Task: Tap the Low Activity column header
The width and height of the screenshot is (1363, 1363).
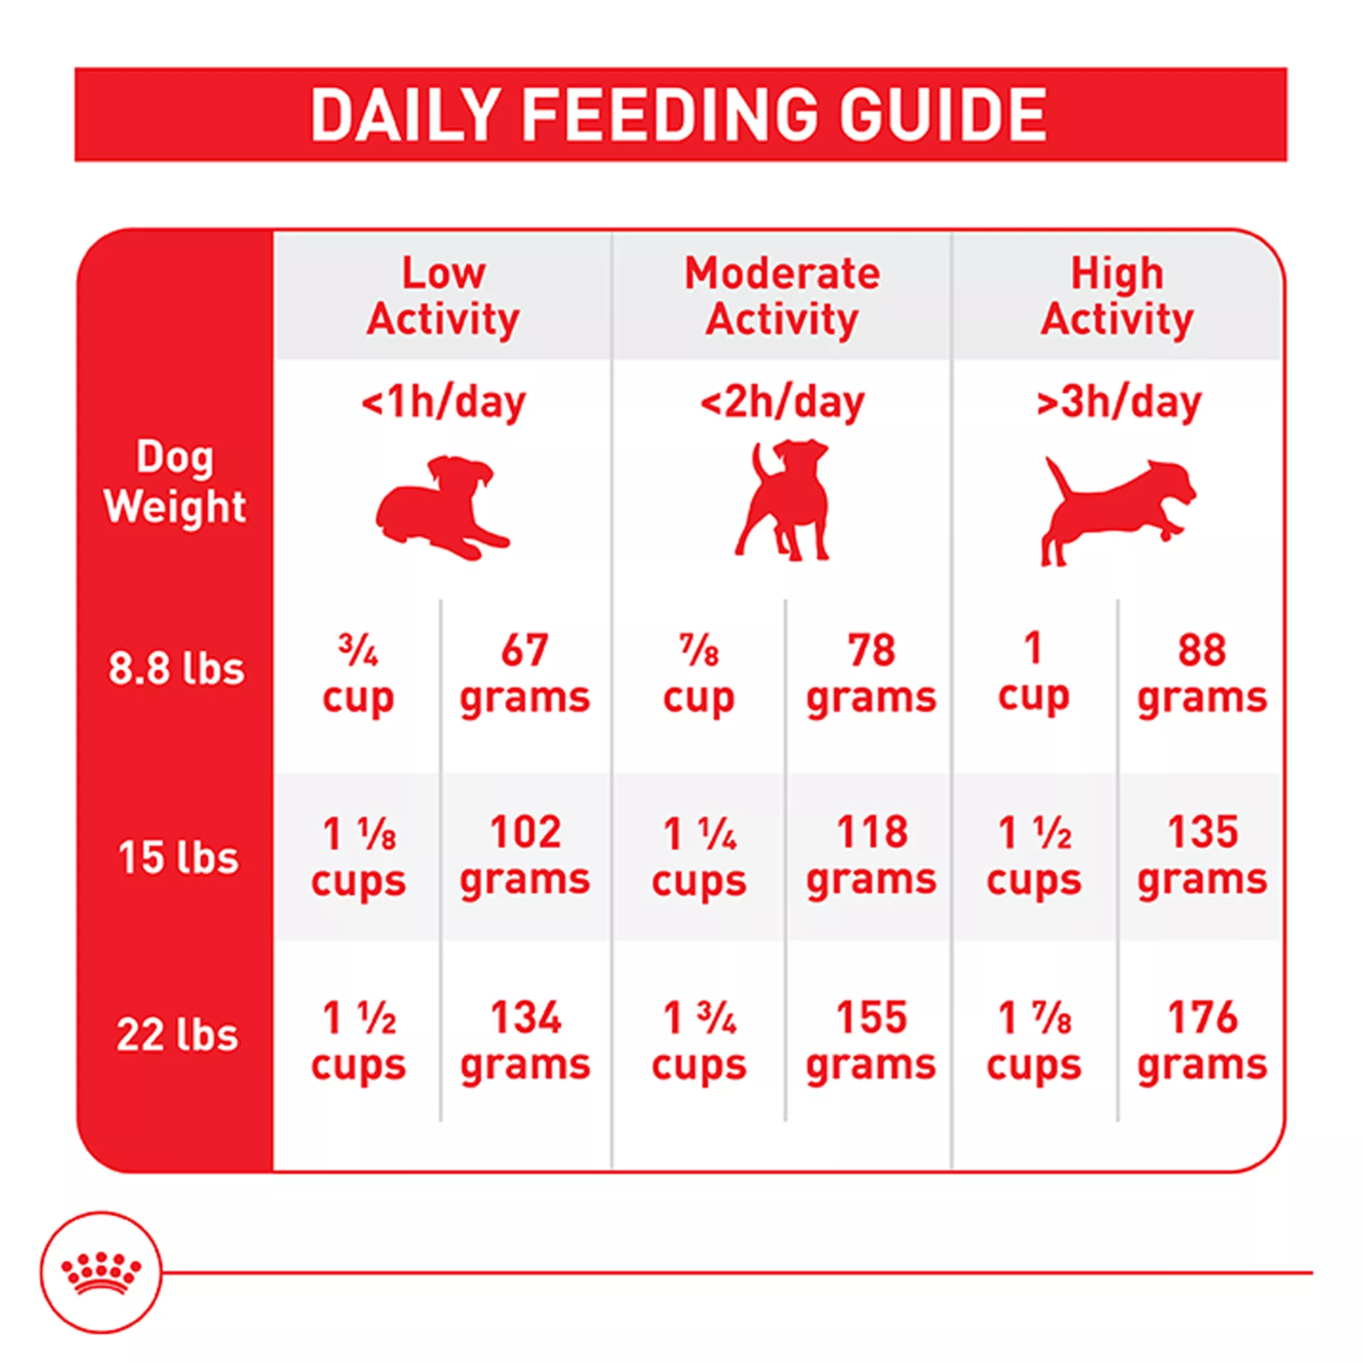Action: tap(443, 296)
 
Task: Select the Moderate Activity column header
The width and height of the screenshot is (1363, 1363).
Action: tap(782, 296)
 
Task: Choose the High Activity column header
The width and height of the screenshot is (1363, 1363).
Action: tap(1117, 296)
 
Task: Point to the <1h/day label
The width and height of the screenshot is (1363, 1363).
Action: tap(443, 402)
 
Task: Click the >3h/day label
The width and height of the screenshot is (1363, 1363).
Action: tap(1118, 402)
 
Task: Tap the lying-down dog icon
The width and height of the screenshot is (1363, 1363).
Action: tap(441, 508)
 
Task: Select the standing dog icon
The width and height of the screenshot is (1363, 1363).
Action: tap(783, 501)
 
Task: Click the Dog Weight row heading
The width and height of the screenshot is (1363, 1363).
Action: tap(175, 482)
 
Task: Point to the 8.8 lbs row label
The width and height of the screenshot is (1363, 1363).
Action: tap(176, 668)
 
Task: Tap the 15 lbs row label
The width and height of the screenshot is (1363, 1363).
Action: tap(178, 857)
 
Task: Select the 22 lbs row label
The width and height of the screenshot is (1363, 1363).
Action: tap(177, 1035)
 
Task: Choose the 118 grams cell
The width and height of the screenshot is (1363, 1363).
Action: tap(871, 856)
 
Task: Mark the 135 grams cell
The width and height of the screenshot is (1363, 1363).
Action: tap(1202, 856)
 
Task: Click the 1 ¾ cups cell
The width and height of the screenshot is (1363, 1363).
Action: tap(699, 1041)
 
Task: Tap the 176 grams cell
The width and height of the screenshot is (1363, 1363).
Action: tap(1202, 1041)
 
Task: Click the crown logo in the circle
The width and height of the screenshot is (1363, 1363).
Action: tap(101, 1272)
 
